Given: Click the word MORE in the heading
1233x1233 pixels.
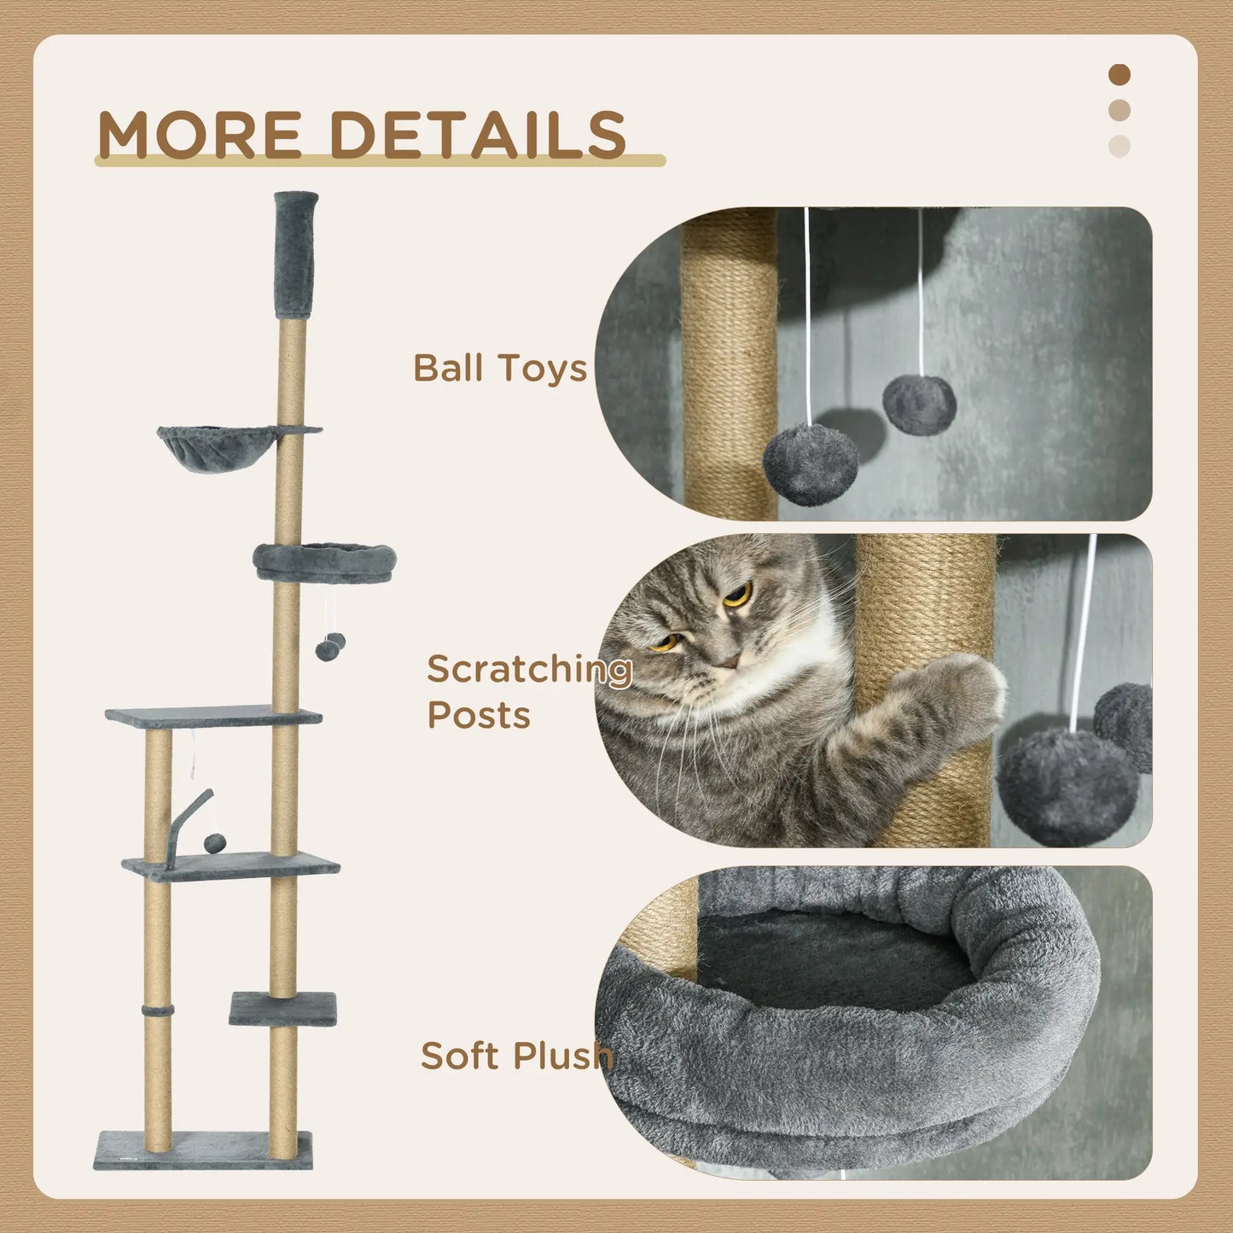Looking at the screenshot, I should click(200, 135).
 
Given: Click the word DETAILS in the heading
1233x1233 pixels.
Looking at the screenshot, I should click(478, 135).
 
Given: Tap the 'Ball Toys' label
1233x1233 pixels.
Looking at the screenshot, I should click(500, 368).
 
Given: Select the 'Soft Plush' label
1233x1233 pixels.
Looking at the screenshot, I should click(516, 1056).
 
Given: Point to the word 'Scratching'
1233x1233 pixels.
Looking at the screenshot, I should click(529, 670).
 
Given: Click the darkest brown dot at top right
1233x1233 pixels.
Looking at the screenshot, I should click(1120, 75).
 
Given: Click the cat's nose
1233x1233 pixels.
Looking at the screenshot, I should click(727, 660).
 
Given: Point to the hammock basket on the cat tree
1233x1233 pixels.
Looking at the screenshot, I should click(217, 446).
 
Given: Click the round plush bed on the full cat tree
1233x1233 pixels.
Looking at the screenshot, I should click(325, 562).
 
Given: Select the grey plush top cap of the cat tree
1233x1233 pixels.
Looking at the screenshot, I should click(295, 254).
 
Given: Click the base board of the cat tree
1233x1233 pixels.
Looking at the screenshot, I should click(203, 1149).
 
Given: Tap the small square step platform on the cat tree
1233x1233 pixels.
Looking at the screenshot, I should click(283, 1009).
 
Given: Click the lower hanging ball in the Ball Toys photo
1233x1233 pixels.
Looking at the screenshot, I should click(810, 464).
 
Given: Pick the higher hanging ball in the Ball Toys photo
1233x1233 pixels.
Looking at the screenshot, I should click(919, 404).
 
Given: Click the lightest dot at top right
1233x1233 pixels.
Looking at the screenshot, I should click(1120, 146).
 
